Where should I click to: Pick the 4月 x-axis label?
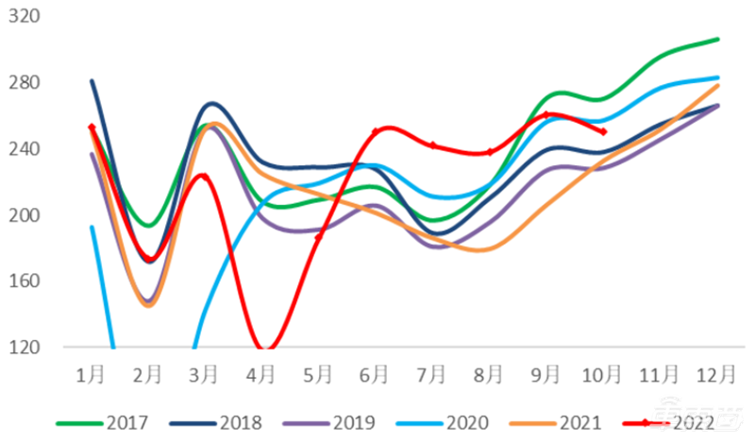262,374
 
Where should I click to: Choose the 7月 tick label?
433,374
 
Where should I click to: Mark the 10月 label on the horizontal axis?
603,374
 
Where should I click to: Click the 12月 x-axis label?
717,374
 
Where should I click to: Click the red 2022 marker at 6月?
377,131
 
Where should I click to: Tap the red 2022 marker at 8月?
490,151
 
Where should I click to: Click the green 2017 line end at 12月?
718,39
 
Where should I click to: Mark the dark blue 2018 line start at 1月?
92,81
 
